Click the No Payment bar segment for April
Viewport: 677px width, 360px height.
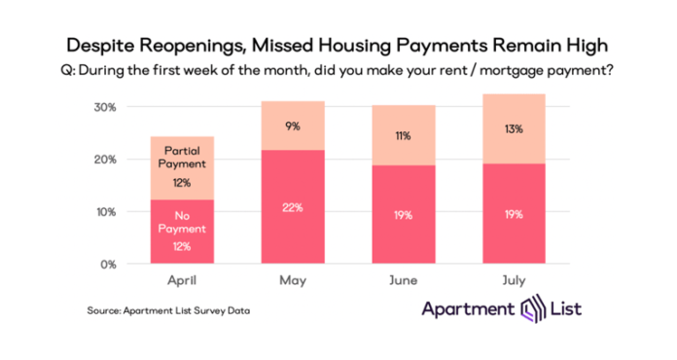182,231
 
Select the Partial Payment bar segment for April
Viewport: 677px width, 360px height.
182,167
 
